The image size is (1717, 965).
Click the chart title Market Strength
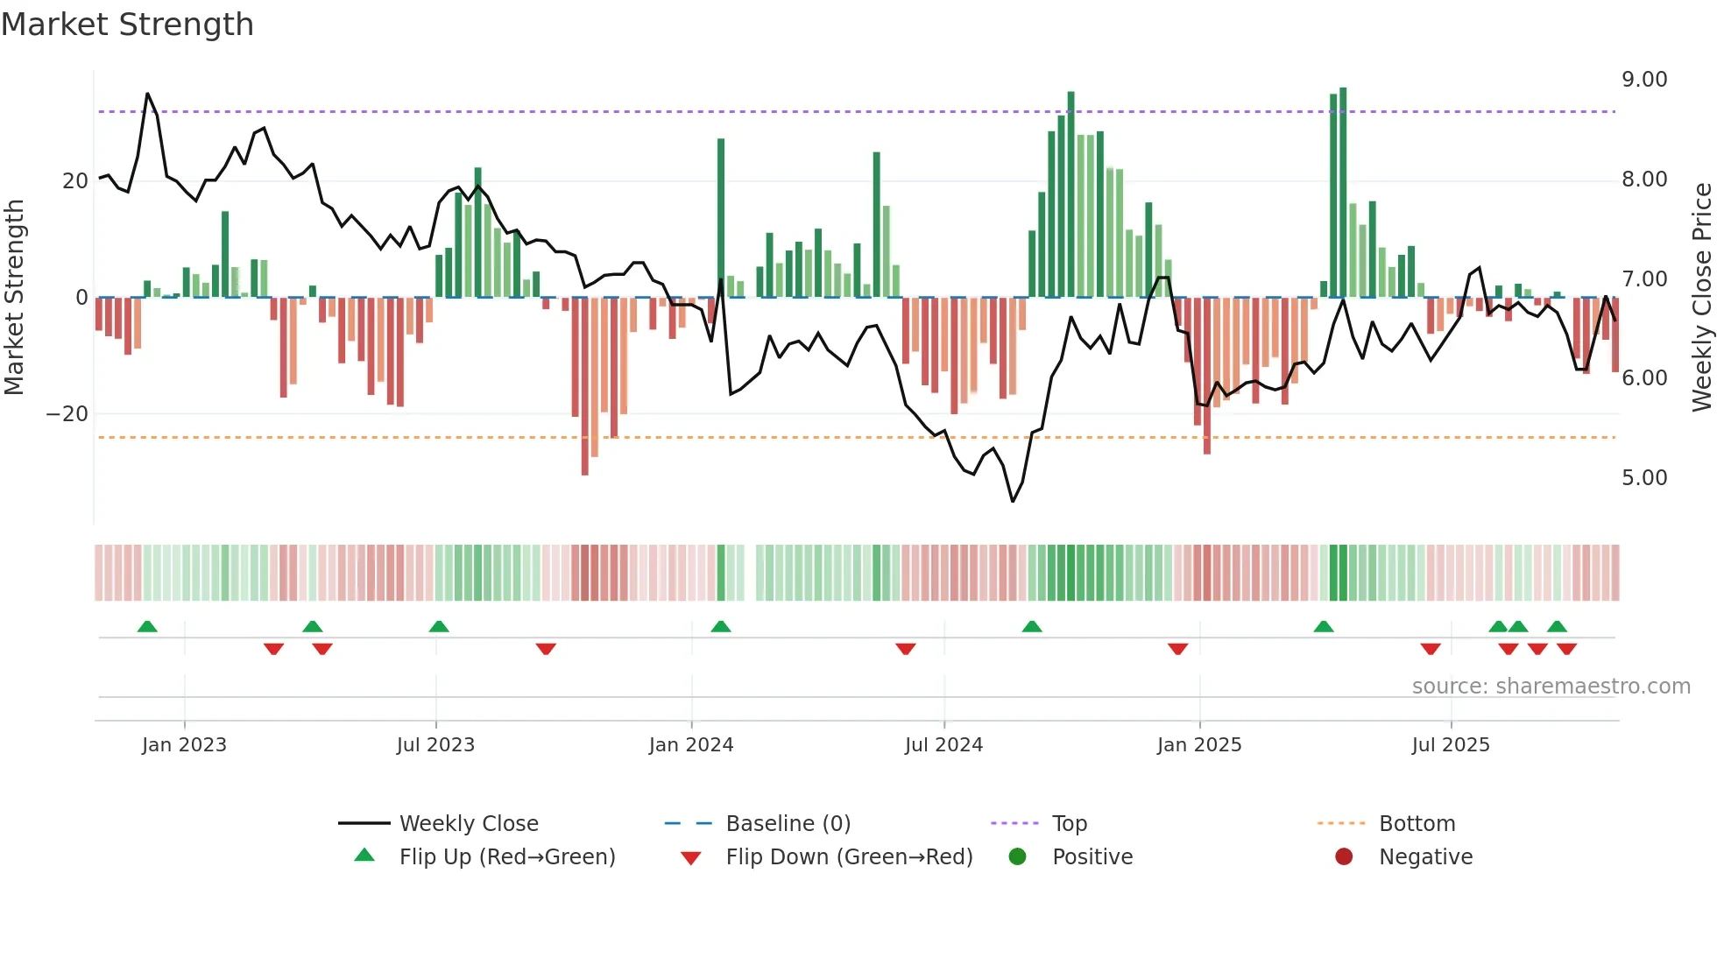(128, 25)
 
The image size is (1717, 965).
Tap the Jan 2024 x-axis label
(690, 745)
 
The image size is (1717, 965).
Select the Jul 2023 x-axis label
(435, 745)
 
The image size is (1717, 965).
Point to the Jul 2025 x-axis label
(1450, 745)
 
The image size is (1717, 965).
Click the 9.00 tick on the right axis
(1643, 80)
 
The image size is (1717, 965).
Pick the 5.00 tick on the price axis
(1643, 478)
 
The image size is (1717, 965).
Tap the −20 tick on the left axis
(67, 414)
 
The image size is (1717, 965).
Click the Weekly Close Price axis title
(1701, 297)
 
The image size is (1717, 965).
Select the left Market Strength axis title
(15, 297)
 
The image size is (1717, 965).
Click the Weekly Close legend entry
(468, 824)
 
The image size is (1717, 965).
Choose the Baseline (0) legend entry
(788, 824)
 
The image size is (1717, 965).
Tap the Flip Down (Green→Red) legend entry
(848, 857)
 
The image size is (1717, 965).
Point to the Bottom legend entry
(1416, 824)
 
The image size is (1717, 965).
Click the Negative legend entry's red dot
(1343, 857)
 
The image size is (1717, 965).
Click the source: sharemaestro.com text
(1551, 687)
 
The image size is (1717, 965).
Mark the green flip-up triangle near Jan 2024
(720, 627)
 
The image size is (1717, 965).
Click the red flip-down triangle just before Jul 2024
(905, 649)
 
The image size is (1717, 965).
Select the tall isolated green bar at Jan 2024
(720, 219)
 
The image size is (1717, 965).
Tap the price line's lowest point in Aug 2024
(1013, 501)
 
